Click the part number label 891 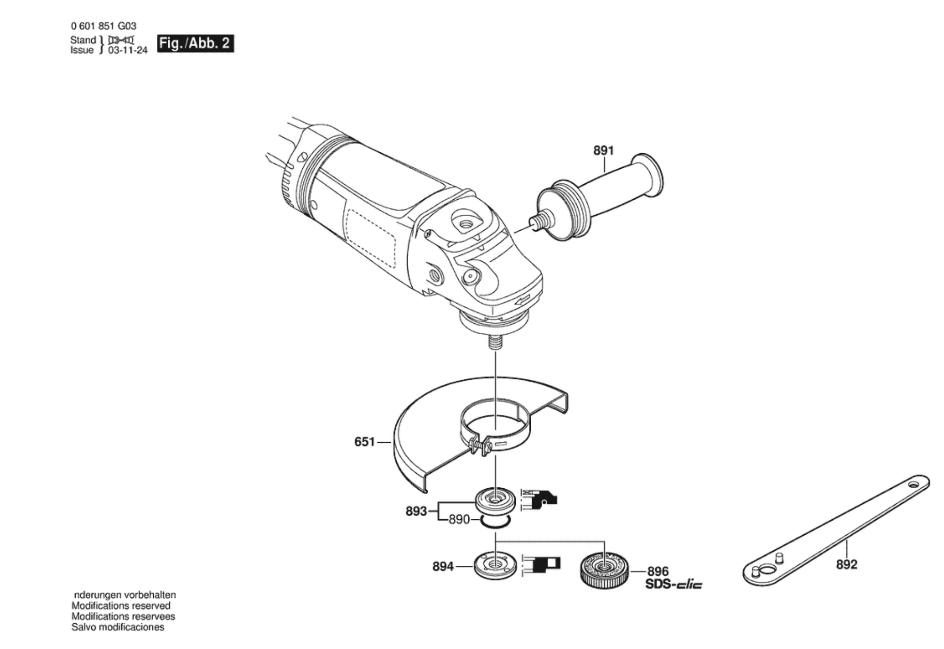(603, 150)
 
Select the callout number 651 (364, 442)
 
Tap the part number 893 (416, 511)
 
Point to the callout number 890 (459, 519)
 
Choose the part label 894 (443, 566)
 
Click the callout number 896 (658, 571)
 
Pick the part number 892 (846, 564)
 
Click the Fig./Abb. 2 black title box (195, 44)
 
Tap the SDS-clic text (674, 585)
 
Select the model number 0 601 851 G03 (103, 26)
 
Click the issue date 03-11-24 (128, 50)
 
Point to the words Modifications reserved (121, 606)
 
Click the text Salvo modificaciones (118, 627)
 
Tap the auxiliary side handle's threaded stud (540, 219)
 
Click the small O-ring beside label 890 (495, 521)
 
